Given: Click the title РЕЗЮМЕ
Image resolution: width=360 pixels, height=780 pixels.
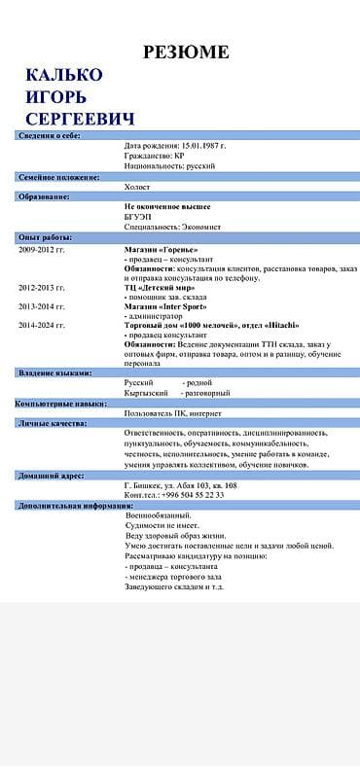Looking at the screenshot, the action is pyautogui.click(x=186, y=52).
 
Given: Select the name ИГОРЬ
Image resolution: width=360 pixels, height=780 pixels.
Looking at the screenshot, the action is pyautogui.click(x=55, y=97).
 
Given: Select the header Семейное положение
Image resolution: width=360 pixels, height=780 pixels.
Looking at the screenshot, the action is pyautogui.click(x=58, y=177).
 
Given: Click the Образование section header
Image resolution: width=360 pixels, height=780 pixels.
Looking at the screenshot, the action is pyautogui.click(x=44, y=196).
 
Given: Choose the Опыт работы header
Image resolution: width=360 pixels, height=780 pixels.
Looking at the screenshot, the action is pyautogui.click(x=45, y=236).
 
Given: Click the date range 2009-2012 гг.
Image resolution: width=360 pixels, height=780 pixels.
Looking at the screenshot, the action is pyautogui.click(x=42, y=249).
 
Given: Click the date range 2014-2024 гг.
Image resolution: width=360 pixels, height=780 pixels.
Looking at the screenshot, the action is pyautogui.click(x=42, y=325).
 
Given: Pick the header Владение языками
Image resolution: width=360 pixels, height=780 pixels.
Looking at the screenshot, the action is pyautogui.click(x=54, y=372).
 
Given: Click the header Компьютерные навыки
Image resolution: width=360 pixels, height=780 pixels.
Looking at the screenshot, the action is pyautogui.click(x=60, y=403).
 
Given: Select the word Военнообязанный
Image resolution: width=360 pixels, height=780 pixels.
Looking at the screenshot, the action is pyautogui.click(x=161, y=515).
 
